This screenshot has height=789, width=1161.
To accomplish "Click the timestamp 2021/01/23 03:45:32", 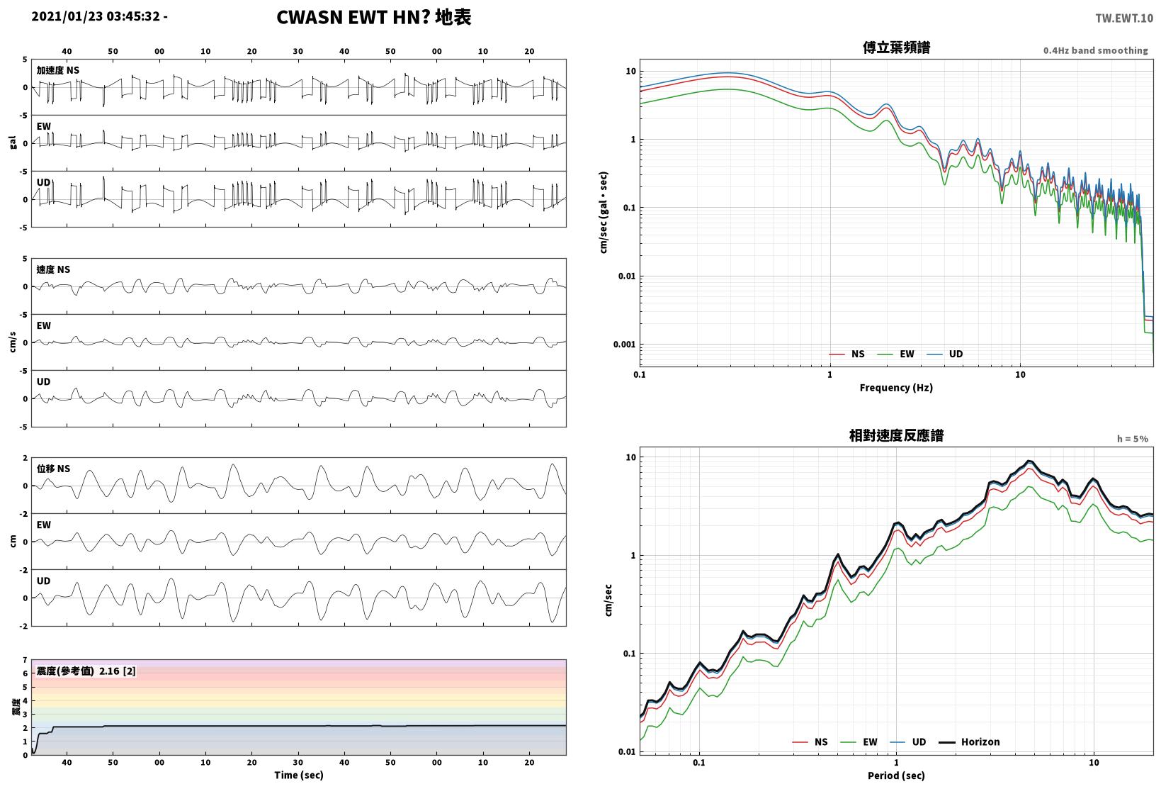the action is coord(96,16).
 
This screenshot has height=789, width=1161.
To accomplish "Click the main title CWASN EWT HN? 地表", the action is coord(374,17).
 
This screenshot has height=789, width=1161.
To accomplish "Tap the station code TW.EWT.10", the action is coord(1124,18).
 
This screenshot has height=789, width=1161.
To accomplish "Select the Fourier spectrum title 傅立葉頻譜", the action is coord(896,47).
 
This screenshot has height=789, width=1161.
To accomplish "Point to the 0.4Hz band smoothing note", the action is coord(1096,50).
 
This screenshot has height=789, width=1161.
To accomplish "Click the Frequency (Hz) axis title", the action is coord(896,388).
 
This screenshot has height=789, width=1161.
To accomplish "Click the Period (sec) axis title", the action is coord(896,776).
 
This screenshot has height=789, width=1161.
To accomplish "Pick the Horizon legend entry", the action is coord(969,742).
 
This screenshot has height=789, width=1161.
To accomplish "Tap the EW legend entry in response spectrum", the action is coord(859,742).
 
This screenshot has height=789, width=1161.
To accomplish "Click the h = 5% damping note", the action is coord(1133,439).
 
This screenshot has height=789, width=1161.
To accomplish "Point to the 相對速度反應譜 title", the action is coord(896,435).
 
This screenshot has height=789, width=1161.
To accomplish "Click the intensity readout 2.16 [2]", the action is coord(118,671).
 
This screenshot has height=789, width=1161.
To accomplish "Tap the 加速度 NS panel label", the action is coord(58,70).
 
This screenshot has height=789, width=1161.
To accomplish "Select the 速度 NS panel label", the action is coord(53,269).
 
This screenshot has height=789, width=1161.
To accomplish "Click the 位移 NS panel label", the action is coord(53,469).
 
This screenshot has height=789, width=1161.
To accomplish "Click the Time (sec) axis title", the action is coord(298,775).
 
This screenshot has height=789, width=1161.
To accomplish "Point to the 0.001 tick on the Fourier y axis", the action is coord(624,345).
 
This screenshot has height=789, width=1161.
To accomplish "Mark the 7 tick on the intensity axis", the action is coord(25,660).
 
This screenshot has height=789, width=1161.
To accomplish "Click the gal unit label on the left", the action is coord(13,142).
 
